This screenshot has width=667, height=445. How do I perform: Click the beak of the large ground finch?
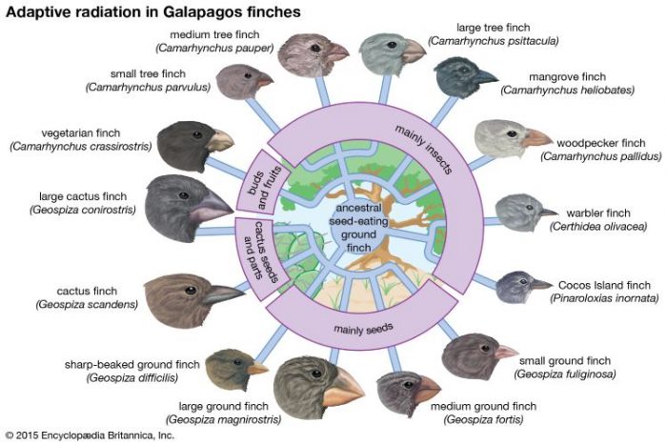(342, 391)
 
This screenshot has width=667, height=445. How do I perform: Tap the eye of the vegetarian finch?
(197, 134)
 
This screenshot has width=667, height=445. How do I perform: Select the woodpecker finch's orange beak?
(536, 138)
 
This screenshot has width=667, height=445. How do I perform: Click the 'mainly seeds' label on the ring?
(363, 329)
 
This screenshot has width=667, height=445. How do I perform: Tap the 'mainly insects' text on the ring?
(423, 149)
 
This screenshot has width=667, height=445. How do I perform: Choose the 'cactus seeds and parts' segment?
(261, 257)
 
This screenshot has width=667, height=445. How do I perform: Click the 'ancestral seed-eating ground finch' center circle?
(358, 228)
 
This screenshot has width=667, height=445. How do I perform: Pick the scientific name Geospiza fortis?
(483, 420)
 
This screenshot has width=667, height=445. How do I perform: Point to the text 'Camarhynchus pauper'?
(214, 48)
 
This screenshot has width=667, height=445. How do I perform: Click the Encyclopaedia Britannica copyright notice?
(90, 435)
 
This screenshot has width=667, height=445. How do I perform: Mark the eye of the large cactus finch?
(184, 195)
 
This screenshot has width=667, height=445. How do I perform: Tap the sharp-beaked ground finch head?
(235, 369)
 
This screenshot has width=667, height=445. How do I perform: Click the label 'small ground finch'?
(565, 361)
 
